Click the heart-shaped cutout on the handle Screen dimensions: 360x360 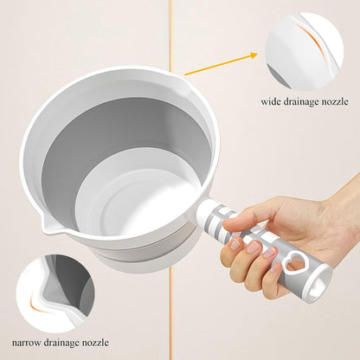click(x=294, y=260)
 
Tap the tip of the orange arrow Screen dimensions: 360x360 click(x=258, y=54)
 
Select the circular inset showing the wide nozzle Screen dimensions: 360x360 click(x=305, y=51)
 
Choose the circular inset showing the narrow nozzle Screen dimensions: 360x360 click(x=56, y=293)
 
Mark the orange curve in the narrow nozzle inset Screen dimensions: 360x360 click(x=37, y=305)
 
